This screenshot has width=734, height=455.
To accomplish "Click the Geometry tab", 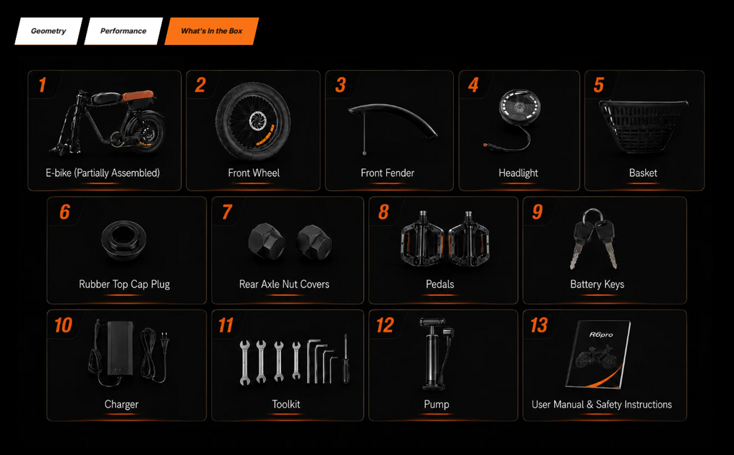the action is point(48,32).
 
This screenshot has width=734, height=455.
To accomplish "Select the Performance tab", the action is point(123,32).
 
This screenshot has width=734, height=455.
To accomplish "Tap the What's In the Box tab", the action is point(211,32).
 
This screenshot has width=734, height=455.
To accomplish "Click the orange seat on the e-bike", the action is point(138,96).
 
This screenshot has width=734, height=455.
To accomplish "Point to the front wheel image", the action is point(253,121).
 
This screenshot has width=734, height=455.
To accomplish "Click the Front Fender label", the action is point(388,173).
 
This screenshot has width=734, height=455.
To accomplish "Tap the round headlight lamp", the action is point(520,107).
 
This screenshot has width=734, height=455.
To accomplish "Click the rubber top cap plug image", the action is point(124,240).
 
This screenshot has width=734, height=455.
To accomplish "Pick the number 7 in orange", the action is point(227,212).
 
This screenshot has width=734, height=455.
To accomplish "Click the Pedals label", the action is point(440,284).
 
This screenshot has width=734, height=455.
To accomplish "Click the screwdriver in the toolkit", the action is point(346,359).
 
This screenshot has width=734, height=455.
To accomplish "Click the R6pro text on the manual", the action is point(601,335).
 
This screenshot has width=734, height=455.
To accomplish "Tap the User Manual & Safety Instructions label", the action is point(601,404).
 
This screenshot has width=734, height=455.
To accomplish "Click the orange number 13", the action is point(539,325).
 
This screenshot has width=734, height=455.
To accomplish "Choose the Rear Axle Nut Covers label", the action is point(284,284).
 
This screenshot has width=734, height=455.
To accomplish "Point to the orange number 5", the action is point(599,85).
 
